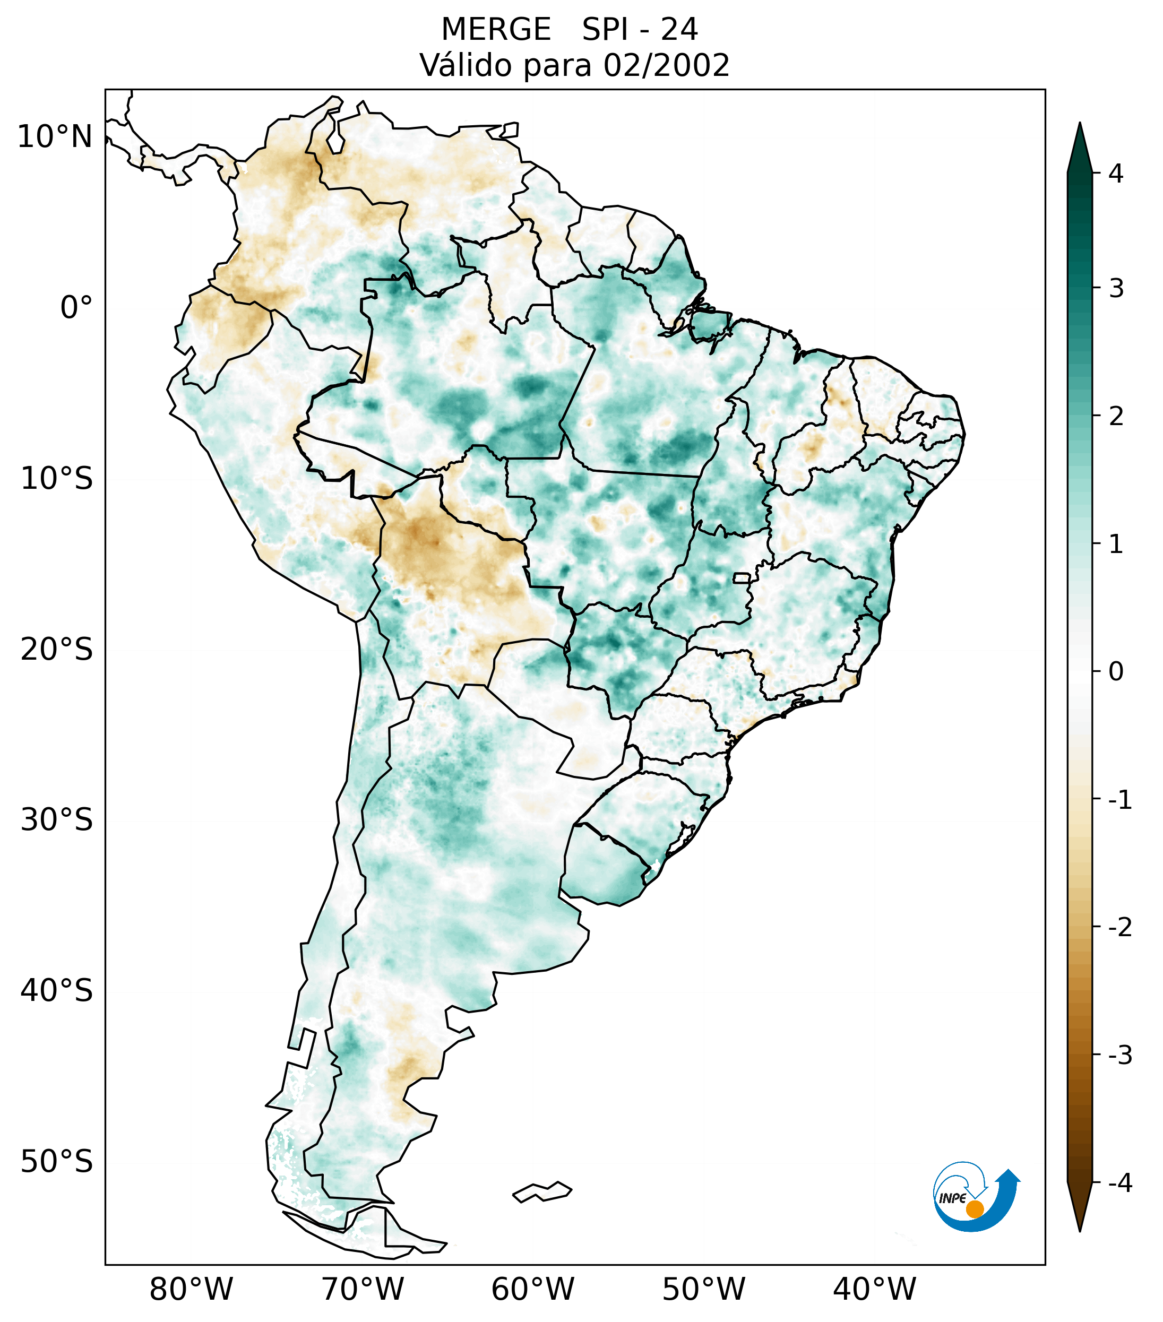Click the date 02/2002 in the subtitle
click(x=666, y=65)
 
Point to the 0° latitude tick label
click(x=76, y=308)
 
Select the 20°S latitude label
click(x=57, y=650)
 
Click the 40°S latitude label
click(x=57, y=991)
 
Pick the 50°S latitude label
click(x=57, y=1162)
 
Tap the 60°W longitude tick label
click(x=532, y=1289)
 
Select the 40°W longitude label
click(x=875, y=1289)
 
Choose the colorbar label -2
click(x=1119, y=927)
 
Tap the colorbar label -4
click(x=1119, y=1183)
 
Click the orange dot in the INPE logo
click(x=975, y=1208)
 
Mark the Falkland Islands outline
click(x=542, y=1191)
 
